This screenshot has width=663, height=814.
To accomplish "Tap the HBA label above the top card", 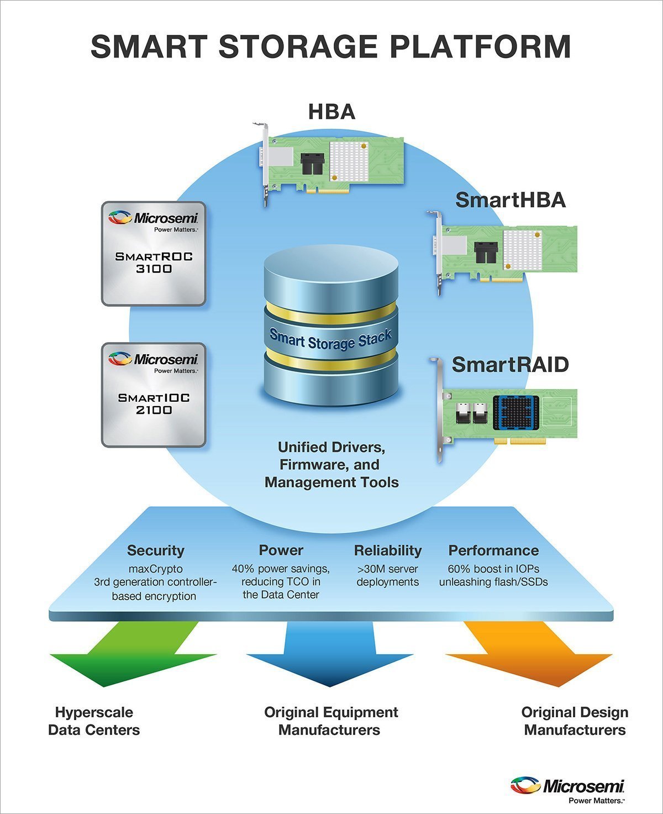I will [x=331, y=112].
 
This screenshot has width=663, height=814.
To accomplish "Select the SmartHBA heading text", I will [x=511, y=200].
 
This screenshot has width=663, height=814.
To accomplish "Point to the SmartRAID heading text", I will [x=510, y=365].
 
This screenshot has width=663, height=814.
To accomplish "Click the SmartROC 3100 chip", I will [x=154, y=254].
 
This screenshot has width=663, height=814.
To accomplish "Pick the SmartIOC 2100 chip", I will [x=154, y=395].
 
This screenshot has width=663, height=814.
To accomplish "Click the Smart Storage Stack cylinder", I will [x=331, y=326].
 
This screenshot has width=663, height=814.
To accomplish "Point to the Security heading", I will [x=155, y=550].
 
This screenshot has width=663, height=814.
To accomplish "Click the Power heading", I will [x=281, y=550].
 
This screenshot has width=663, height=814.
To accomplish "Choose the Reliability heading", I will [x=387, y=550].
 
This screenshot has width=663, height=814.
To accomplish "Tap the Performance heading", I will [x=493, y=550].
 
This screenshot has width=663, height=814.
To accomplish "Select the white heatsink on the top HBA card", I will [x=349, y=161].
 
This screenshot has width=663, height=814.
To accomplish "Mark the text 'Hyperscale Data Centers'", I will [x=94, y=721].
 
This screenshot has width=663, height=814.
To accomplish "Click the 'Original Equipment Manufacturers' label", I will [x=330, y=721].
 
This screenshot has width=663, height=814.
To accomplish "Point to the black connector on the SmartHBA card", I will [x=486, y=253].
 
